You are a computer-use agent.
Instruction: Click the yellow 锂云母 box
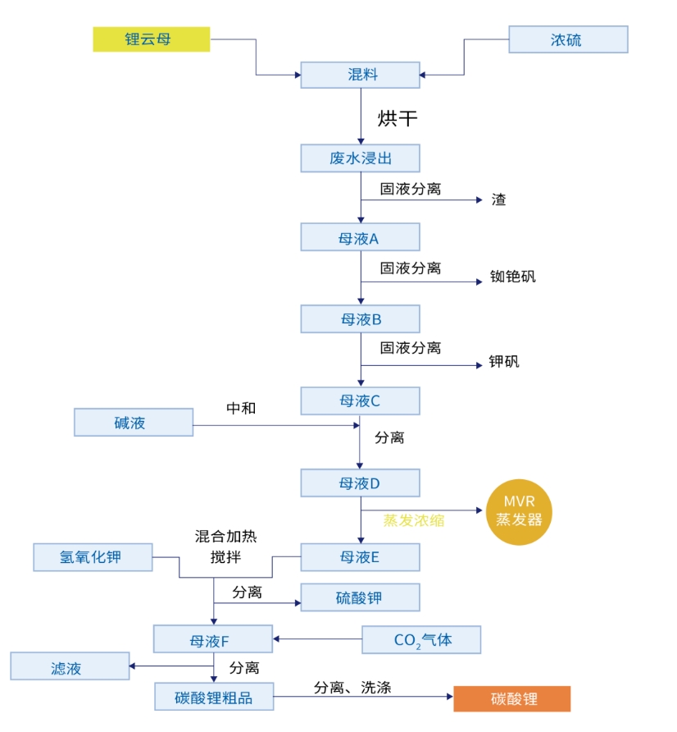[151, 39]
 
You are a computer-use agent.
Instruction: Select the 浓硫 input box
[568, 39]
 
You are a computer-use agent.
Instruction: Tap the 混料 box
[360, 75]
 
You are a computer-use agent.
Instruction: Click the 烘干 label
[398, 119]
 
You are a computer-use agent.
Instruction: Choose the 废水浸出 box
[360, 158]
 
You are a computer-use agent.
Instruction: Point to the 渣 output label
[498, 199]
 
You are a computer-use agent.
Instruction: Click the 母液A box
[360, 237]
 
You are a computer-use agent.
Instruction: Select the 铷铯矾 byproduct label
[512, 277]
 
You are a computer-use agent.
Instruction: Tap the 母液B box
[360, 319]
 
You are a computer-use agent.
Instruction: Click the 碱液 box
[134, 423]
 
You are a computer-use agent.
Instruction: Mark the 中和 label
[241, 408]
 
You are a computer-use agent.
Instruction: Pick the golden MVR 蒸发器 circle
[519, 511]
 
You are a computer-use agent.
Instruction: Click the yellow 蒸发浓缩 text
[413, 520]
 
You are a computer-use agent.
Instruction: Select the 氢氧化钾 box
[93, 557]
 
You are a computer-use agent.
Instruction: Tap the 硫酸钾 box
[360, 597]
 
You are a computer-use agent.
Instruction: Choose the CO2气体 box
[421, 640]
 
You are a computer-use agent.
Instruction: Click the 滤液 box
[70, 666]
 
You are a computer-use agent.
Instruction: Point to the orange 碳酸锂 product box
[511, 699]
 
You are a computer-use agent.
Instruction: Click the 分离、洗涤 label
[352, 688]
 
